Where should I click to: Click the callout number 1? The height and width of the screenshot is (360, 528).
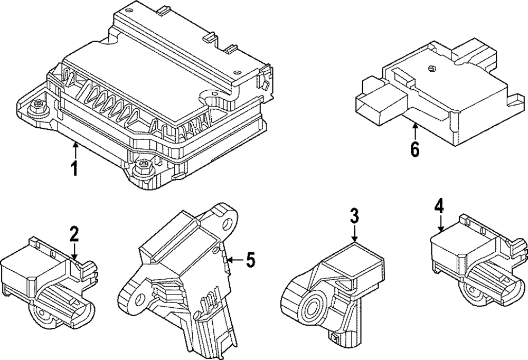tap(74, 168)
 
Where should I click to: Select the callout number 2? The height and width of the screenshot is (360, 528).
tap(74, 233)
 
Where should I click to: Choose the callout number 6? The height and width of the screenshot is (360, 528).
tap(415, 149)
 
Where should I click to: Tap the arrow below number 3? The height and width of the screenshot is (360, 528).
tap(354, 233)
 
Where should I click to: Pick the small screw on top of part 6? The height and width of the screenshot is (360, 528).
tap(430, 68)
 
